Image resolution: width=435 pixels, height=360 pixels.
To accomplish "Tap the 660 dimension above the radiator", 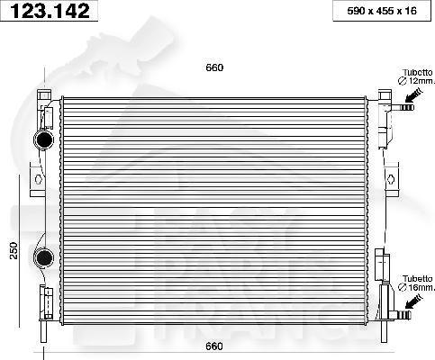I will click(213, 67).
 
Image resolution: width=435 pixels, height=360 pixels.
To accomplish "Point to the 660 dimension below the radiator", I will click(213, 346).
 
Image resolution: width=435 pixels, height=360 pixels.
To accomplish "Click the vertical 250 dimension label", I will click(14, 250).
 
